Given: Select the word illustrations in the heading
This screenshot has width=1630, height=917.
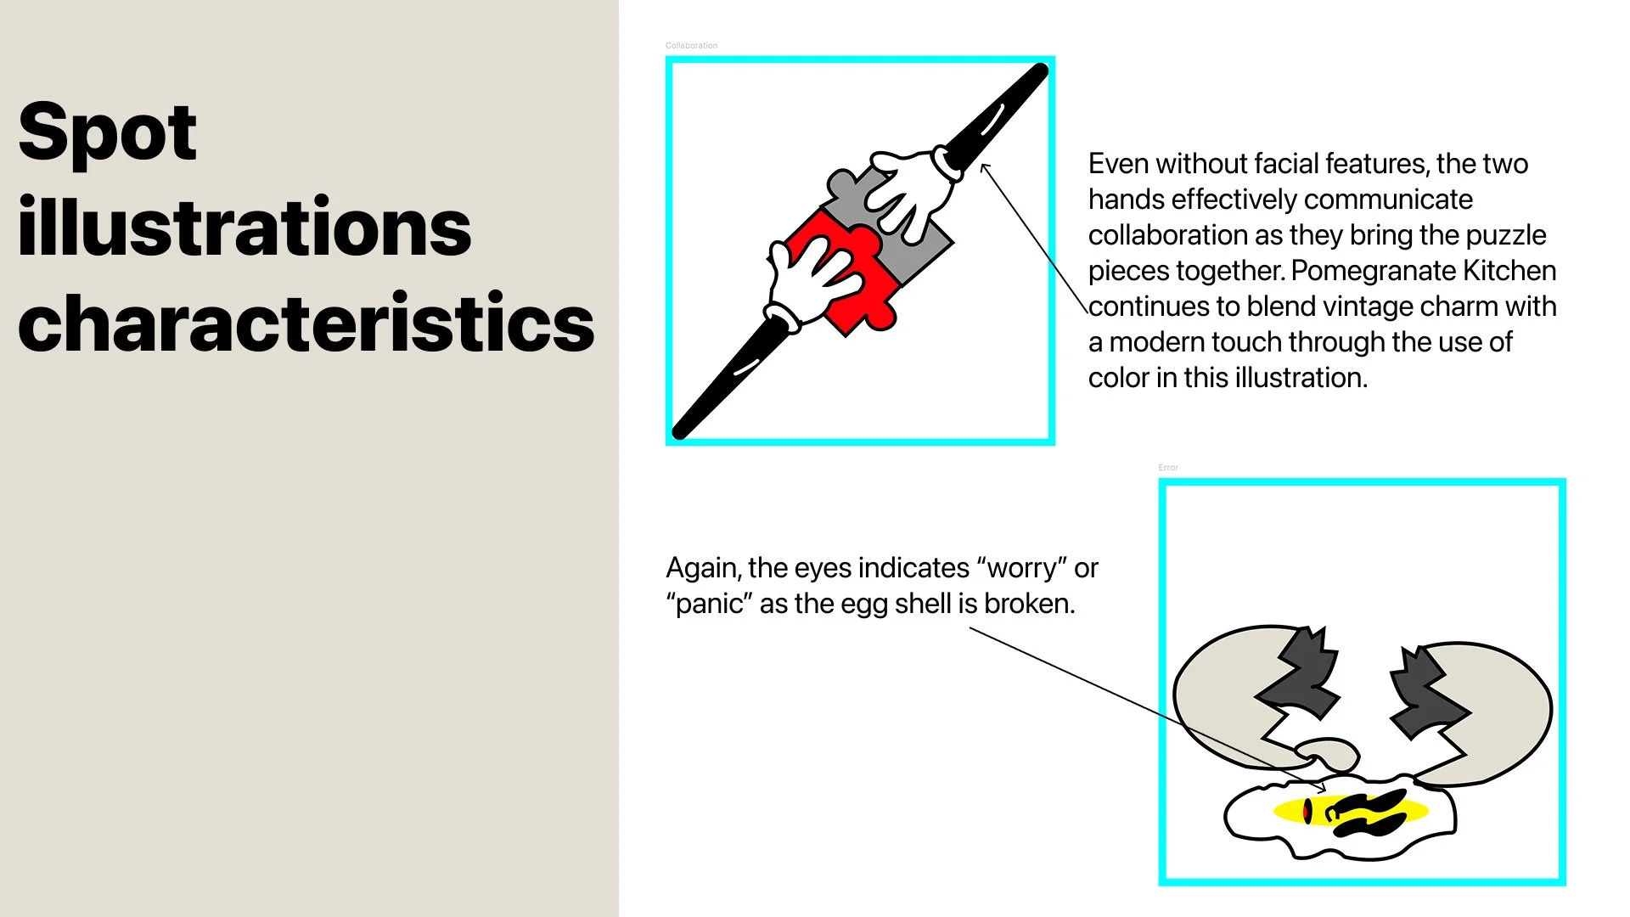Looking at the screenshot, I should tap(244, 227).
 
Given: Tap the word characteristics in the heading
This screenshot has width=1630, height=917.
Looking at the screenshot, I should tap(306, 323).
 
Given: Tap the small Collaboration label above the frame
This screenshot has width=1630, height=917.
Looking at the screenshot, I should tap(691, 45).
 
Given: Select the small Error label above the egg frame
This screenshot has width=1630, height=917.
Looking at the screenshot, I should tap(1168, 467).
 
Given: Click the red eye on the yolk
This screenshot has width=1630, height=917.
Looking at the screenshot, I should tap(1307, 811).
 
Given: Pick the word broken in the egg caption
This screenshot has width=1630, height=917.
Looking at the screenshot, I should tap(1029, 604).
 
